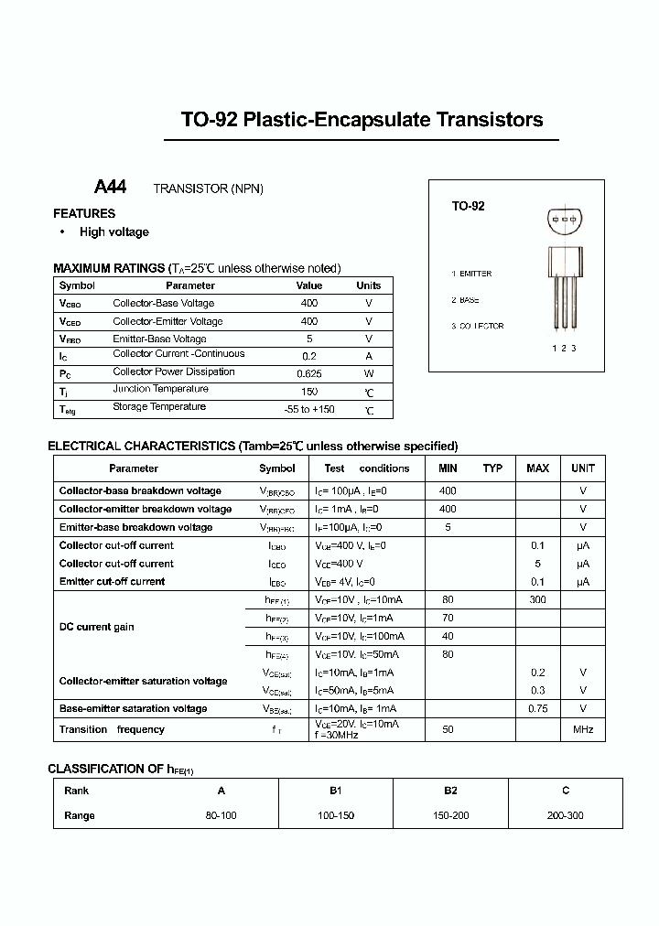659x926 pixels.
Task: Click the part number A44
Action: point(110,187)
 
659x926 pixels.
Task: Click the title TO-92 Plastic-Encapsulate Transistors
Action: point(362,120)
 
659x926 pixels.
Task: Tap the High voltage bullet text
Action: point(113,232)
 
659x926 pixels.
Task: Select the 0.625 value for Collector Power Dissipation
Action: point(309,373)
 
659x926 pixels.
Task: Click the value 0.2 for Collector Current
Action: point(309,356)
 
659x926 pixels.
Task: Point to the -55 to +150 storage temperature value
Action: point(309,409)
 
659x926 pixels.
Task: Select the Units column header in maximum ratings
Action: point(368,285)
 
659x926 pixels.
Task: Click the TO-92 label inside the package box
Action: point(468,207)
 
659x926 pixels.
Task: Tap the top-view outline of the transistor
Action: point(564,221)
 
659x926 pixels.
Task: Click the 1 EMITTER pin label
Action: point(471,274)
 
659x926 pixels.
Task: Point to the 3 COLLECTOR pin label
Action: point(477,326)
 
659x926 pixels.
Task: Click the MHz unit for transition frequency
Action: point(583,729)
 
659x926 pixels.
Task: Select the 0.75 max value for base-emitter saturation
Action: point(537,708)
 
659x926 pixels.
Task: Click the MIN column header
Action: point(448,468)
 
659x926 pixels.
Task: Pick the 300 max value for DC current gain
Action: point(537,600)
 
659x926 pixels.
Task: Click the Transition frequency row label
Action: point(112,729)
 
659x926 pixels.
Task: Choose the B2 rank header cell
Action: point(450,791)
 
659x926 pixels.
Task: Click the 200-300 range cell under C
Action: point(566,815)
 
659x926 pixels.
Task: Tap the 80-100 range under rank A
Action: point(221,815)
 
